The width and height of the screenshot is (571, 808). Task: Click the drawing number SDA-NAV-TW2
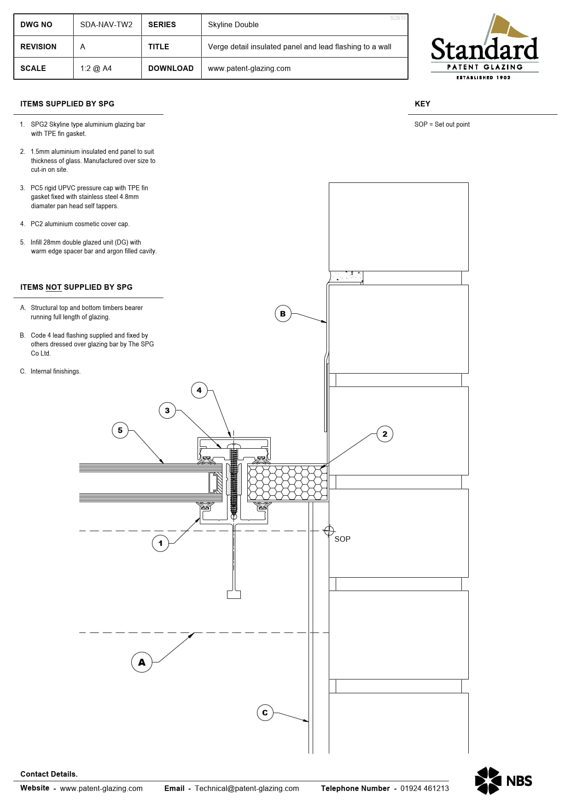tap(106, 25)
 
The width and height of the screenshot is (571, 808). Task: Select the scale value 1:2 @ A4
tap(96, 69)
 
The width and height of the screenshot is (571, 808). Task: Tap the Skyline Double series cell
tap(233, 25)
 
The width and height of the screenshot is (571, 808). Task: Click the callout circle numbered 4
tap(199, 390)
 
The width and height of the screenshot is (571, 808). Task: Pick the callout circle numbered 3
tap(167, 410)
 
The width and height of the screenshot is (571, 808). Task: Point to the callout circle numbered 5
tap(120, 430)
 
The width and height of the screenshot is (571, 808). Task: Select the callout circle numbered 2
tap(385, 434)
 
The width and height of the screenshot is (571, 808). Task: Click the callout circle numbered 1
tap(160, 543)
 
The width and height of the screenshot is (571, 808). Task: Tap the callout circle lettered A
tap(142, 662)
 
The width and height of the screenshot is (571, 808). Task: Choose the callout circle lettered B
tap(283, 314)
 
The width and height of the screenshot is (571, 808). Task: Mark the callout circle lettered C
tap(265, 713)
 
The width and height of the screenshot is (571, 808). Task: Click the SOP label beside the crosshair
tap(342, 539)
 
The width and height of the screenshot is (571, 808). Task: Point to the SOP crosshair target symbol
tap(329, 531)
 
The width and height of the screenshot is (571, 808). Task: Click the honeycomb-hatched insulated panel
tap(287, 483)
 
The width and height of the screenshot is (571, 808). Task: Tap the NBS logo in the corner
tap(503, 780)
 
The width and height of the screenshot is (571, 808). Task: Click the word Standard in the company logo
tap(484, 49)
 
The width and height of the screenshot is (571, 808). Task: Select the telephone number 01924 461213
tap(424, 788)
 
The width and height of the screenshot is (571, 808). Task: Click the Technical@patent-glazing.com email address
tap(247, 788)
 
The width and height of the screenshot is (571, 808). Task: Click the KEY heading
tap(422, 104)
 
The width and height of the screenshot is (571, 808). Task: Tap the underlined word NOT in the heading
tap(53, 287)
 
